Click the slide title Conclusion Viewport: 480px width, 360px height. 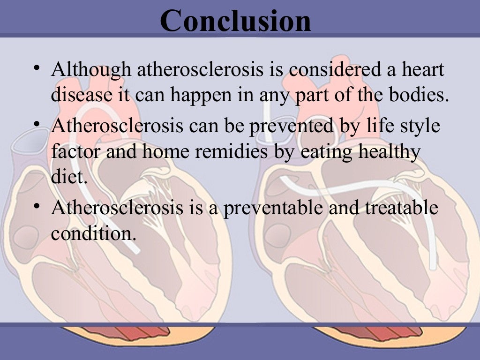coord(235,21)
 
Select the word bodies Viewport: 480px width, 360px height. coord(418,95)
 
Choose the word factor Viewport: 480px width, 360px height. coord(76,152)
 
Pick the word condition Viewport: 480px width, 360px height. coord(93,233)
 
